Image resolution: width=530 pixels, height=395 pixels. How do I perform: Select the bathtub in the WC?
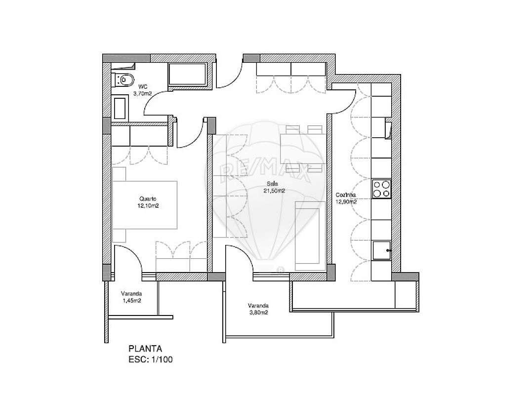pyautogui.click(x=189, y=75)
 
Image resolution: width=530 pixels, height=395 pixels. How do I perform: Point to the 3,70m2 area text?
pyautogui.click(x=142, y=92)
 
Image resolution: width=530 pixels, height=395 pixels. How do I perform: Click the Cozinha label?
pyautogui.click(x=346, y=195)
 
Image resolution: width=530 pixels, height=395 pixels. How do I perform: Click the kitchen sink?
pyautogui.click(x=381, y=250)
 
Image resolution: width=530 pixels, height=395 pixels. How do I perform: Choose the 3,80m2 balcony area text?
pyautogui.click(x=258, y=312)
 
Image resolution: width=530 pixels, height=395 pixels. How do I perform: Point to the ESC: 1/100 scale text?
pyautogui.click(x=150, y=359)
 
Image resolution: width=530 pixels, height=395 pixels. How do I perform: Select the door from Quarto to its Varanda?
pyautogui.click(x=128, y=259)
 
